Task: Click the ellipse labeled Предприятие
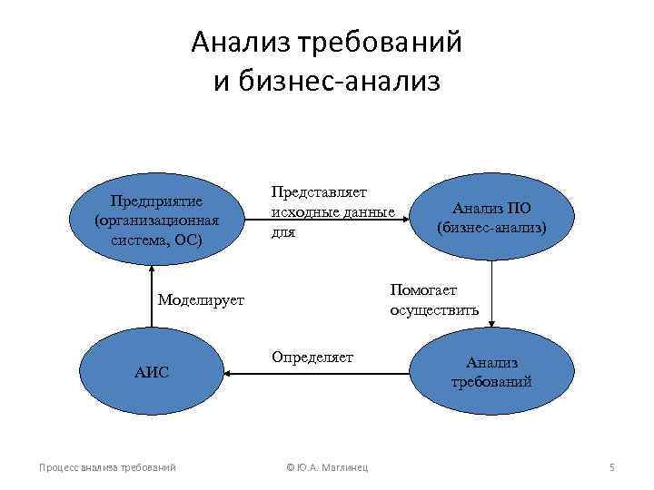155,220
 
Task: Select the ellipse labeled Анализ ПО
491,218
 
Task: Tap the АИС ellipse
151,371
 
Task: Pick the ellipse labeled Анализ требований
491,371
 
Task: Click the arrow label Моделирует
201,299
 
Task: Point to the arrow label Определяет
312,358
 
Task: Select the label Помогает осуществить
423,299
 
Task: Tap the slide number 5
612,467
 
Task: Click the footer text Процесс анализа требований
107,467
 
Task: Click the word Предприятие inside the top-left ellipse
156,201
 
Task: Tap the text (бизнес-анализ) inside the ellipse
491,227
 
